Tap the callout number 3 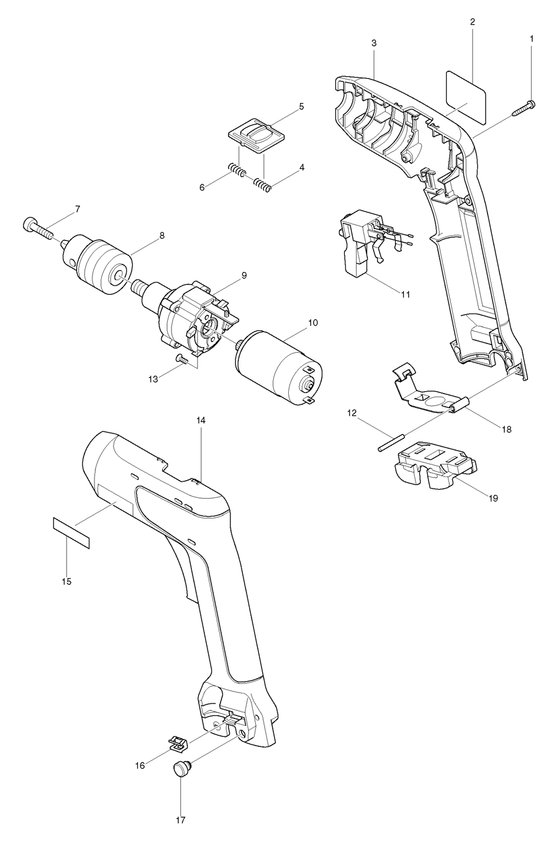[374, 43]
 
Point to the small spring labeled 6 [237, 170]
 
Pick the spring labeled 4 [261, 184]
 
